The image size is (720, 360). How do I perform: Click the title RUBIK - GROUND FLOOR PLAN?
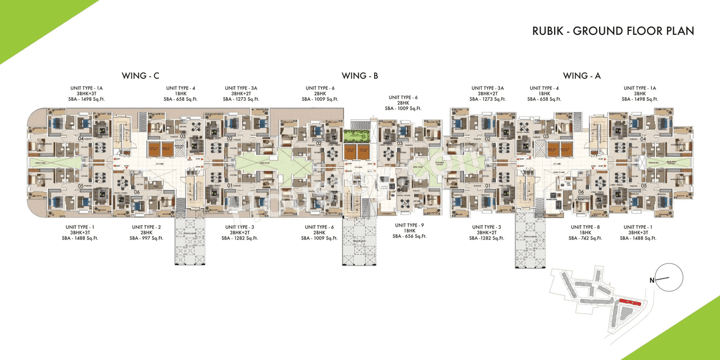[613, 31]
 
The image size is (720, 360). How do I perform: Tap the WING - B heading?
[359, 75]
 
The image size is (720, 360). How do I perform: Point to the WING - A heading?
[582, 75]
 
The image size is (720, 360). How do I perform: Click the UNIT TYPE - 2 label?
[146, 227]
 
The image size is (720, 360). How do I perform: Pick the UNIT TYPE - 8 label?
[585, 227]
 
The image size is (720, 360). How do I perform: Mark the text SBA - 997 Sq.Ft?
[146, 238]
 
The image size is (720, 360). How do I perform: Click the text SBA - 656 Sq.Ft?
[410, 236]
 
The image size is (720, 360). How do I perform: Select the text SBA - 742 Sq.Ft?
[585, 238]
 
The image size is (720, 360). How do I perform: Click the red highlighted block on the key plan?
[629, 303]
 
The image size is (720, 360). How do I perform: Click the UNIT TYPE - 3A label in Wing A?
[488, 88]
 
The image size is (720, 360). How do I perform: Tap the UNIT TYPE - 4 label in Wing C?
[181, 88]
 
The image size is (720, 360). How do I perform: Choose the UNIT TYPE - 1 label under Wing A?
[638, 227]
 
